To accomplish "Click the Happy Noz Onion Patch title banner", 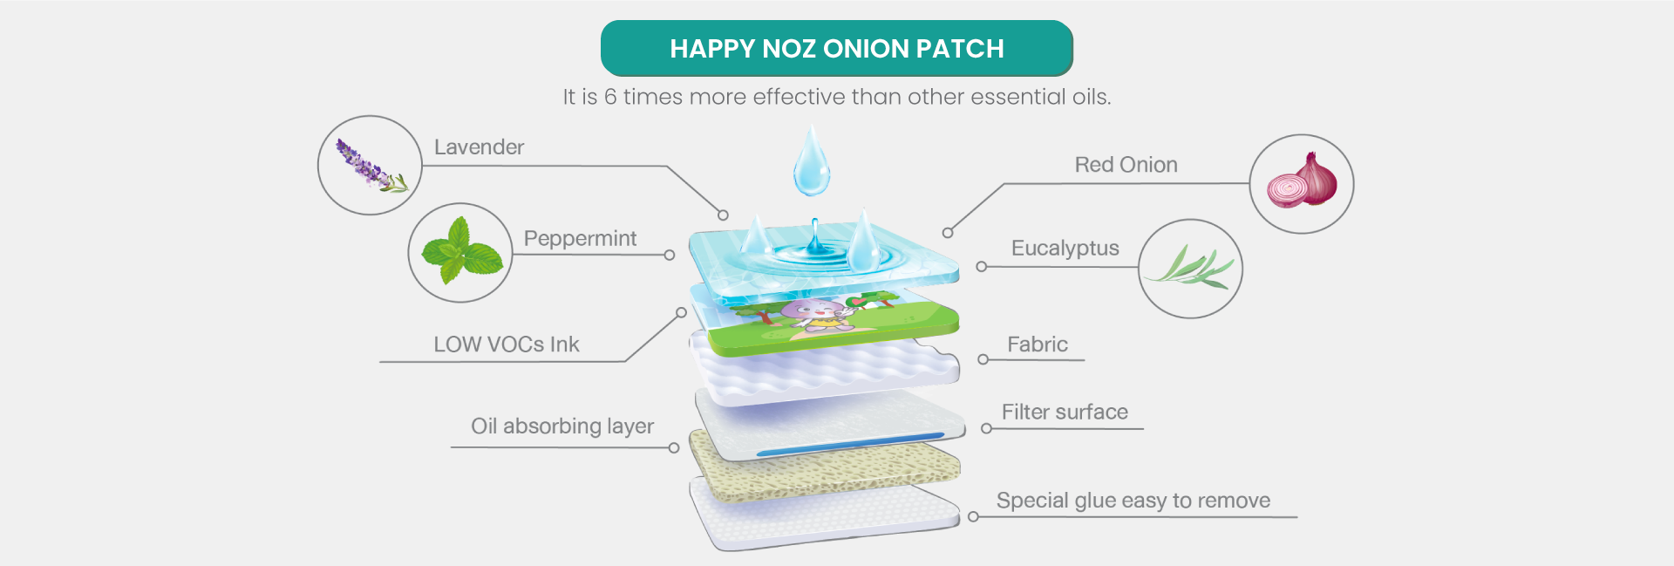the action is [836, 49].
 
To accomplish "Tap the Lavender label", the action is [479, 147].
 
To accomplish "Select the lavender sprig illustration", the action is [370, 165].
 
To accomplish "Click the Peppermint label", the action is [580, 239].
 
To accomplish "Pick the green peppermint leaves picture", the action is [460, 253].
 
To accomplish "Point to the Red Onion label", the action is [1126, 165].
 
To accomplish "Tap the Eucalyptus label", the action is [1065, 249].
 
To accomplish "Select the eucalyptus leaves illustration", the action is [1190, 269].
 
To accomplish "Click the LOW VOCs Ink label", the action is [506, 344].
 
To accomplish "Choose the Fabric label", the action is [1037, 344].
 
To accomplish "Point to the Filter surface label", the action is [1064, 413].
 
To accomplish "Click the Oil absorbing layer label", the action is [562, 426].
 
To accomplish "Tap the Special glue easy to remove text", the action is [1133, 501].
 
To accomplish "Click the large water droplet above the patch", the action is [811, 162].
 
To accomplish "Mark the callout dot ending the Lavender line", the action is [723, 215].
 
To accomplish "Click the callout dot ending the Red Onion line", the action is [948, 233].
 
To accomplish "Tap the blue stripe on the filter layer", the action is [850, 444].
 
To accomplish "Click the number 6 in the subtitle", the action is [610, 97].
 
